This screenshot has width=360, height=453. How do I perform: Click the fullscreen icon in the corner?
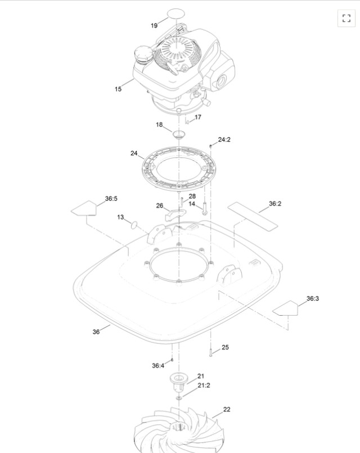pyautogui.click(x=346, y=18)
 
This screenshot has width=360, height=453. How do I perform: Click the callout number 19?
pyautogui.click(x=154, y=25)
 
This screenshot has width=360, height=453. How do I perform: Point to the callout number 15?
pyautogui.click(x=118, y=89)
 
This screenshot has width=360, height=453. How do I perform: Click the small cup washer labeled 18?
pyautogui.click(x=179, y=134)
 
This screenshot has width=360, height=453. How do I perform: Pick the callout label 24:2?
pyautogui.click(x=224, y=140)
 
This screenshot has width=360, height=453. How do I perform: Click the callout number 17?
pyautogui.click(x=198, y=117)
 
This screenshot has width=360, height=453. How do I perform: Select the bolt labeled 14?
pyautogui.click(x=204, y=208)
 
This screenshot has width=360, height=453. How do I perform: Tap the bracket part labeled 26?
pyautogui.click(x=175, y=214)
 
